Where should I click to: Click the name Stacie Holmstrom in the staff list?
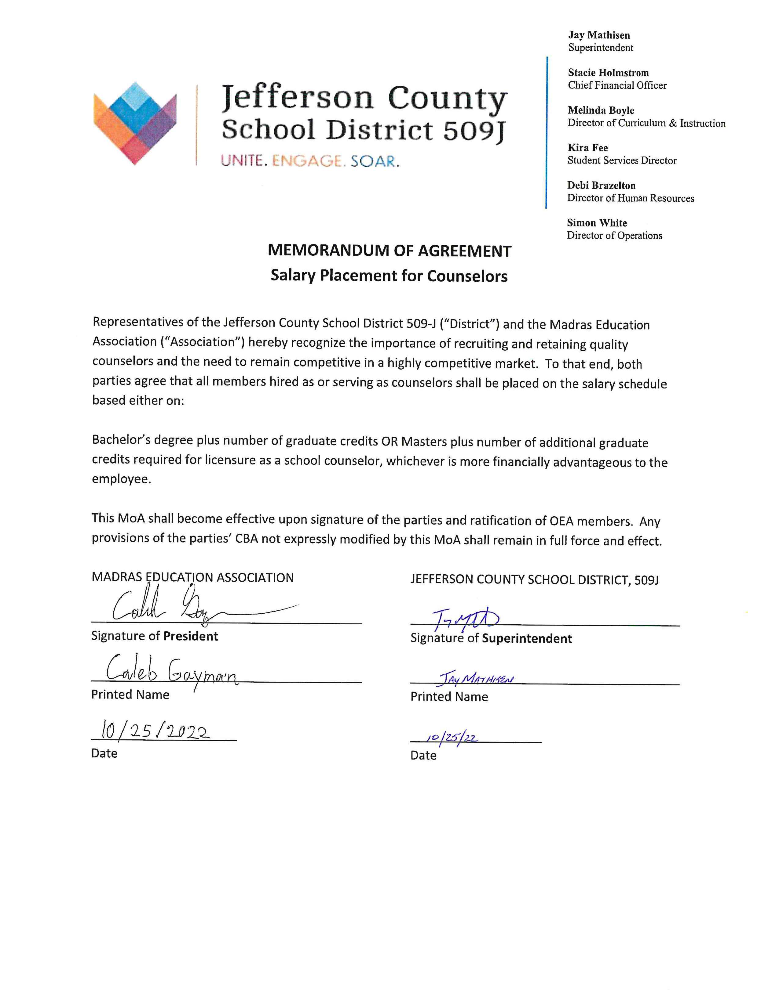608,73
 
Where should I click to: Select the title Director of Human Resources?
631,198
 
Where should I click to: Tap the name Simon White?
597,223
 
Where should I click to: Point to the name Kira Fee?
587,148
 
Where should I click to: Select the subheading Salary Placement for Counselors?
389,276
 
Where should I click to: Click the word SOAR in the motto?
375,161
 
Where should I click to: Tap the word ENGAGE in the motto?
307,161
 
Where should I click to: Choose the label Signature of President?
154,636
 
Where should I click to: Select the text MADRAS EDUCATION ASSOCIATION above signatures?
192,578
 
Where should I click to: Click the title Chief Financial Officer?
617,85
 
